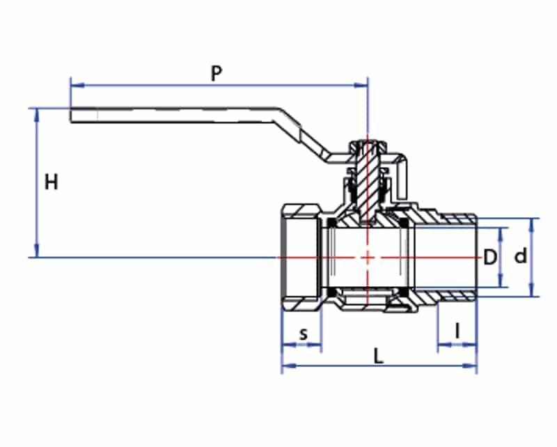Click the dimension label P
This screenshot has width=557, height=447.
coord(217,73)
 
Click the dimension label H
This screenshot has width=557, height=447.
coord(51,182)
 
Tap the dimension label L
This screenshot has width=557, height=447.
coord(379,356)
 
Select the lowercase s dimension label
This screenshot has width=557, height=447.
coord(303,334)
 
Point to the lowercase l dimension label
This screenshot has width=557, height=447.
coord(458,331)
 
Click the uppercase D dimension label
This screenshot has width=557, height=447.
coord(490,257)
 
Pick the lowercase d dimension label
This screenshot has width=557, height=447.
coord(521,256)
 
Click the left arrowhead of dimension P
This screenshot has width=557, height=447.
coord(77,85)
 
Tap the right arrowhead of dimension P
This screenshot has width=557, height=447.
coord(361,85)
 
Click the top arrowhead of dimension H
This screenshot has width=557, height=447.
coord(37,115)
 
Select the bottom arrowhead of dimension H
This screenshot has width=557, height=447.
coord(37,250)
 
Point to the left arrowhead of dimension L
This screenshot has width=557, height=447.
coord(288,366)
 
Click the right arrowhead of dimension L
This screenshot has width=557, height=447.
coord(469,366)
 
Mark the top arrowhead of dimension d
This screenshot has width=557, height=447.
coord(532,226)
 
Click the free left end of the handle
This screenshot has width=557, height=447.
coord(71,115)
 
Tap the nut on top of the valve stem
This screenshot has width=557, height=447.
coord(368,146)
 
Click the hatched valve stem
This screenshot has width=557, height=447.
coord(368,181)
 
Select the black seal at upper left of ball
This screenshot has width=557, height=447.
coord(331,223)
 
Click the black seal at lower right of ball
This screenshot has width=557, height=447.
coord(405,292)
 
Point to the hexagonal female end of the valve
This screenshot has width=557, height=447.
coord(301,258)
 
